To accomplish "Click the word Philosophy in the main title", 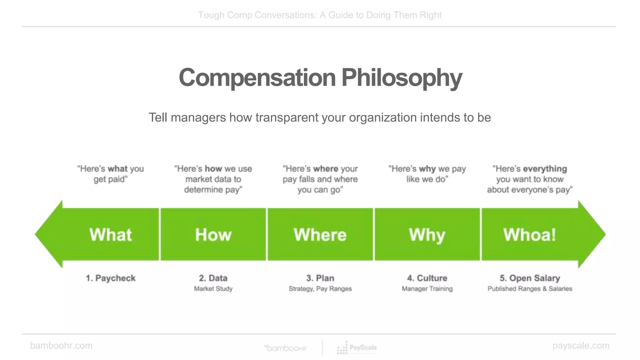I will coord(402,78).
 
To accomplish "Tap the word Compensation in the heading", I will coord(257,78).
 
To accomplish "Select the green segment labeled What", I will coord(111,234).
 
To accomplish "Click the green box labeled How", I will coord(213,234).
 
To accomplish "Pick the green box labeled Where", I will coord(320,234).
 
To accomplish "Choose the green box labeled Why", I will coord(427,234).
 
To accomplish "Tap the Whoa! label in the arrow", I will coord(530,234).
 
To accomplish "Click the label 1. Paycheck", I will coord(111,278).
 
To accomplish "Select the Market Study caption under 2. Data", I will coord(213,289).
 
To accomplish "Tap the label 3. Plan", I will coord(320,278).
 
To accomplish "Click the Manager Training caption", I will coord(427,289).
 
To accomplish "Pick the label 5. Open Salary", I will coord(530,278).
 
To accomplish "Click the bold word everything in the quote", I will coord(545,169).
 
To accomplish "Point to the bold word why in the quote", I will coord(427,169).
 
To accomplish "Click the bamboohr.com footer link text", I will coord(61,346).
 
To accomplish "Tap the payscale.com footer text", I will coord(581,346).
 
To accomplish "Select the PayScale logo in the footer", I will coord(357,348).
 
